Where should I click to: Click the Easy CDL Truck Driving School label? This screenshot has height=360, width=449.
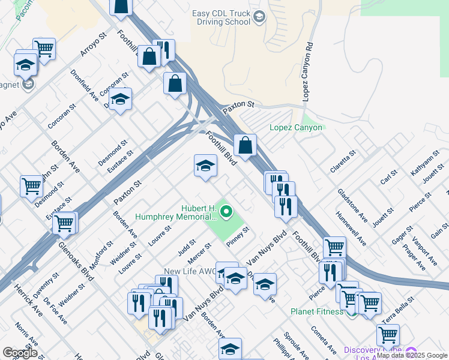tap(221, 17)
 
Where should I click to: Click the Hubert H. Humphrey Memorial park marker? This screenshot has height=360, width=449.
tap(226, 211)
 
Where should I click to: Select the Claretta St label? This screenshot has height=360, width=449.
tap(343, 161)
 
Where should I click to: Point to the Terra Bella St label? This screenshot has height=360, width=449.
tap(399, 310)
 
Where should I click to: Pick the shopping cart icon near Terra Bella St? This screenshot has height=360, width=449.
tap(388, 335)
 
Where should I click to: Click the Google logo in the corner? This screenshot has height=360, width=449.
tap(20, 353)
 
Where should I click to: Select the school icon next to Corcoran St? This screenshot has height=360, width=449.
tap(121, 100)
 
